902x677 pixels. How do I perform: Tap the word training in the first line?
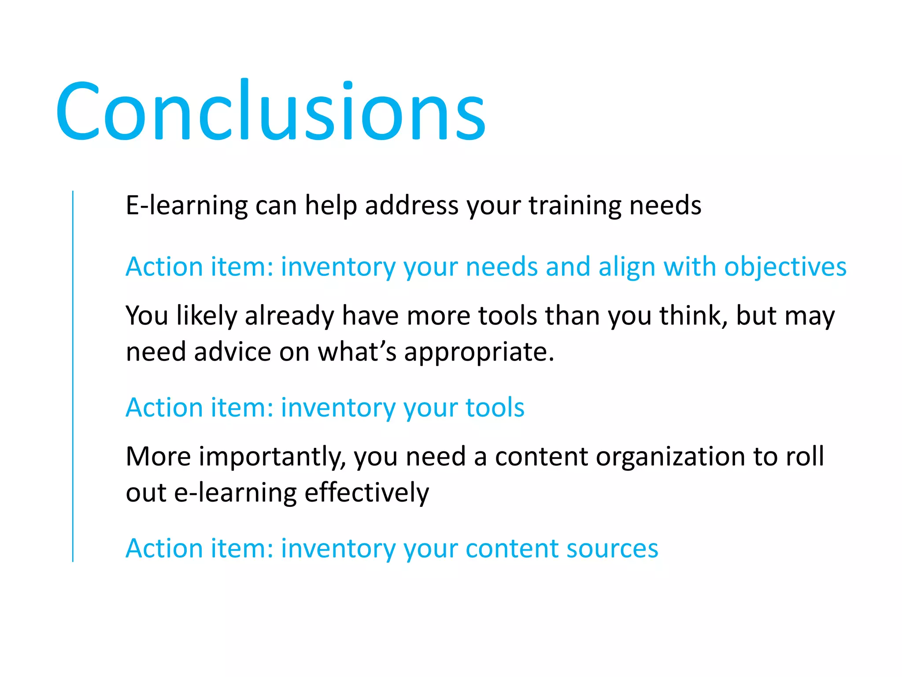[x=575, y=206]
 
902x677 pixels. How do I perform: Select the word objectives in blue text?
[x=785, y=267]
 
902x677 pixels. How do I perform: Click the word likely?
[x=207, y=316]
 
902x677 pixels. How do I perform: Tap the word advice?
[x=233, y=352]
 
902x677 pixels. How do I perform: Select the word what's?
[x=357, y=352]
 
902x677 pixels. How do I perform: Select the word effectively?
[x=366, y=492]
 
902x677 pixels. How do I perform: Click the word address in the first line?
[x=412, y=206]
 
